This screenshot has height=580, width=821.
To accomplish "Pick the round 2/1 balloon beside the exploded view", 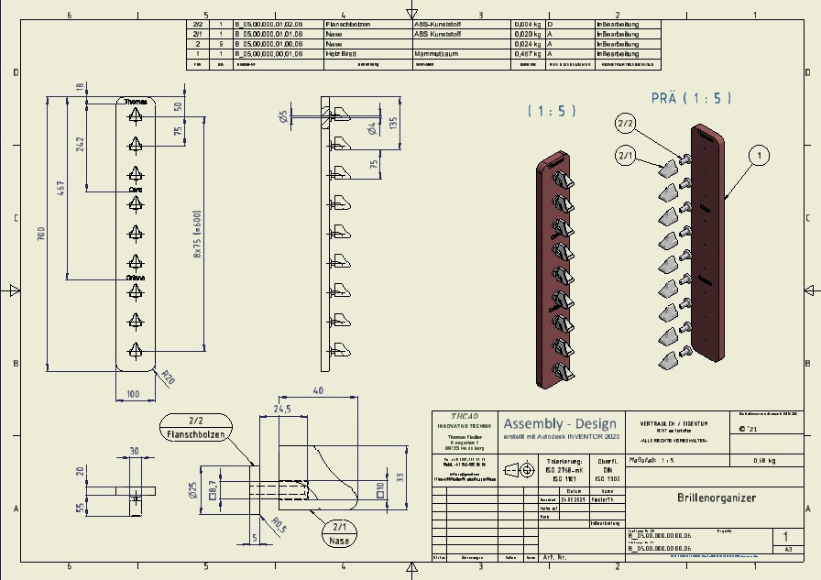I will pyautogui.click(x=627, y=156).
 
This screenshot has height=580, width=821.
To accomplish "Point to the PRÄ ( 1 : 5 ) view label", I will pyautogui.click(x=690, y=98).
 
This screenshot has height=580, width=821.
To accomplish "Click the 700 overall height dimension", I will pyautogui.click(x=40, y=235).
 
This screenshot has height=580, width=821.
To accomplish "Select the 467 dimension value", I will pyautogui.click(x=61, y=188).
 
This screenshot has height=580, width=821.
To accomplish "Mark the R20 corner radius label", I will pyautogui.click(x=168, y=376).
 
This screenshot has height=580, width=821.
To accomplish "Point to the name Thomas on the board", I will pyautogui.click(x=136, y=102).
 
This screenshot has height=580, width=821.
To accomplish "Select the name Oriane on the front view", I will pyautogui.click(x=136, y=277).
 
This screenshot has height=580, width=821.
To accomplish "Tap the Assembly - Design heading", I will pyautogui.click(x=559, y=423).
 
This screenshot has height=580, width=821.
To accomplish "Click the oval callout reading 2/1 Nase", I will pyautogui.click(x=340, y=534).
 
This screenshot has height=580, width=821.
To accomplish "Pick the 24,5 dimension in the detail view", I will pyautogui.click(x=280, y=410).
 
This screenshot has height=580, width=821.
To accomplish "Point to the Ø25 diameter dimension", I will pyautogui.click(x=192, y=490).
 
